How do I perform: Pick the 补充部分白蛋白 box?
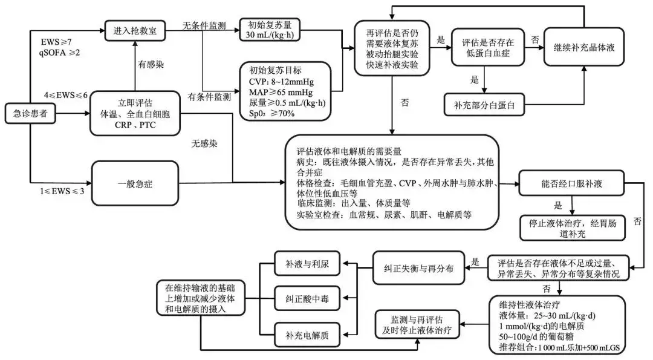tap(483, 105)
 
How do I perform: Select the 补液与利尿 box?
tap(308, 264)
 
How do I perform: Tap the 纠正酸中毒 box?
tap(308, 299)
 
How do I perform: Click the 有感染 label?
tap(148, 64)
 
